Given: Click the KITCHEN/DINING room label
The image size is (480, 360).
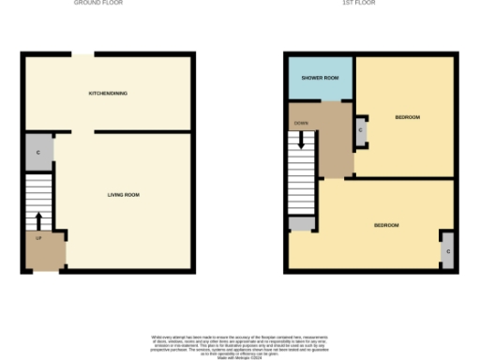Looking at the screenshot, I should click(x=108, y=94).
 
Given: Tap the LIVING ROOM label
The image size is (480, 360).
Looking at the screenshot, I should click(x=123, y=195).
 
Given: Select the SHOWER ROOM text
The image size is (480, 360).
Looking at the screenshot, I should click(x=318, y=79).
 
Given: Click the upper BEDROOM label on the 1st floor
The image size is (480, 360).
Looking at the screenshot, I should click(x=407, y=117).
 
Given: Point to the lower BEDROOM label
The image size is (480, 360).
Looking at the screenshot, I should click(x=386, y=226).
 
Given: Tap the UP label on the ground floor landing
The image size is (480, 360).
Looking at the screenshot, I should click(x=39, y=239).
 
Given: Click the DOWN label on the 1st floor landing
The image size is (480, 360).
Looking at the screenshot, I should click(x=301, y=123).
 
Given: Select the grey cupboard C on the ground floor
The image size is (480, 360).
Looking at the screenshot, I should click(x=38, y=153).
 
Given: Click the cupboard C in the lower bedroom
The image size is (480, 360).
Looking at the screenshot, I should click(x=448, y=250).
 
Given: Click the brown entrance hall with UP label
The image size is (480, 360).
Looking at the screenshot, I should click(x=44, y=251).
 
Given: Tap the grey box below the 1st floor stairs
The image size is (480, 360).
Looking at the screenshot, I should click(x=302, y=224).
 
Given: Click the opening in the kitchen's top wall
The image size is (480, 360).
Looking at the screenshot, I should click(x=83, y=55).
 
